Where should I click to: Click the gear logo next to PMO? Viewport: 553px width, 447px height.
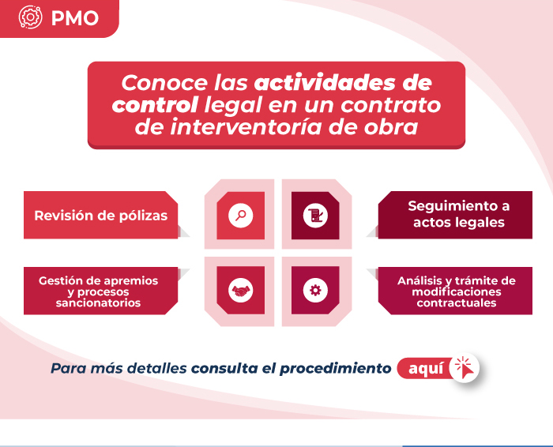coord(30,17)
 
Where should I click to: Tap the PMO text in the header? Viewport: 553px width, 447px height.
coord(75,18)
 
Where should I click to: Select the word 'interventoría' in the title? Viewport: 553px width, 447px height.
coord(246,127)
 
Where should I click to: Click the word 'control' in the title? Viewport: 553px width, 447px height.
coord(155,105)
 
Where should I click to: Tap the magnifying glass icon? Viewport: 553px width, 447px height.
coord(240,216)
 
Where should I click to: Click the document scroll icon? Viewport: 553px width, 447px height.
coord(315,216)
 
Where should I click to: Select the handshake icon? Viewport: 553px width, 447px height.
coord(240,291)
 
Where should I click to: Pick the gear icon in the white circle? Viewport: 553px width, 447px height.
coord(315,291)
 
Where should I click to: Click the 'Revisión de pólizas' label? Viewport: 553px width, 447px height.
coord(101,215)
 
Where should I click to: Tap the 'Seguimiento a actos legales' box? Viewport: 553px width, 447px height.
coord(455,215)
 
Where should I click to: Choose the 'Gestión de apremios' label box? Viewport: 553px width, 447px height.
coord(101,291)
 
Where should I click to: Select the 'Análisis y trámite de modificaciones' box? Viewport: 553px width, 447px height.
coord(455,291)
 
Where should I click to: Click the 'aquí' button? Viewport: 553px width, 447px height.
coord(425,368)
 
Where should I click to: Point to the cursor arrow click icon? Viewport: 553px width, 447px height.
coord(465,367)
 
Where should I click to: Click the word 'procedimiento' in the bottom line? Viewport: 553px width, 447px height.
coord(336,368)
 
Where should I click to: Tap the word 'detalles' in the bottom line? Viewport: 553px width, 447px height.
coord(156,368)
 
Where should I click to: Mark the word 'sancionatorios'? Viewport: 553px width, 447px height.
coord(98,302)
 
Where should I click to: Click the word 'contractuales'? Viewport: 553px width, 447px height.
coord(457,302)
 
